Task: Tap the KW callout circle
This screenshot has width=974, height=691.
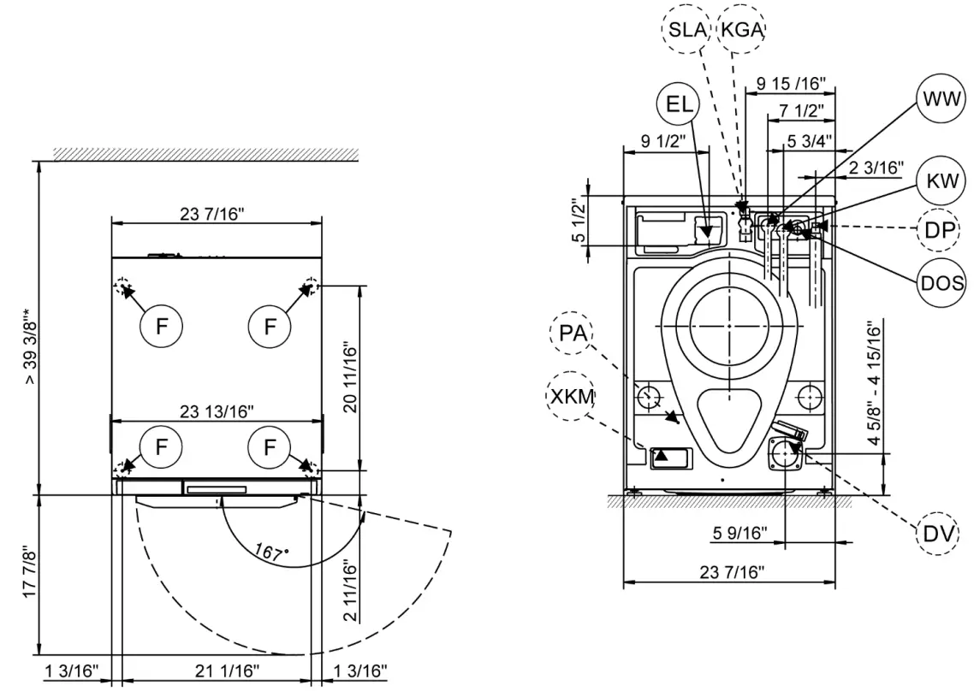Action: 940,180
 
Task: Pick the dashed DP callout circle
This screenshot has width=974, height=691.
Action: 940,229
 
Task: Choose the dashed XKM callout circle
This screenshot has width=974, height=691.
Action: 569,397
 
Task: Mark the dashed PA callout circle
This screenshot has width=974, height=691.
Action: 569,333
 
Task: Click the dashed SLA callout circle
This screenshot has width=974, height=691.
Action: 687,30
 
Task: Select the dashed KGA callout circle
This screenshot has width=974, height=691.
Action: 741,30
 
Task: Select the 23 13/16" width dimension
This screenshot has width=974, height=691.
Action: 217,411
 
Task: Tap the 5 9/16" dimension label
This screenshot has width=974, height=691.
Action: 740,534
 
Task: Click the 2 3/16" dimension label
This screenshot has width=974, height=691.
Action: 876,168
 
